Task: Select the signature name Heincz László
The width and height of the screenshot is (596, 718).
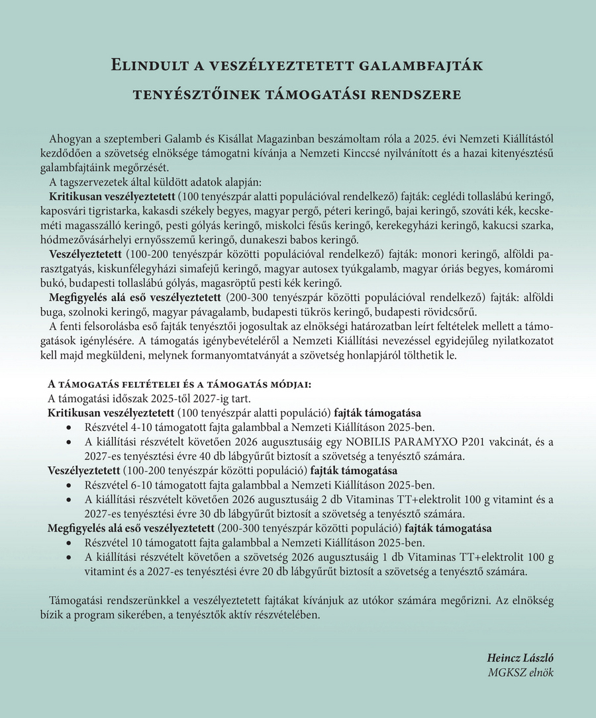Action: point(521,658)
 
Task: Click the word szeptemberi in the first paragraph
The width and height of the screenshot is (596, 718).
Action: point(132,138)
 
